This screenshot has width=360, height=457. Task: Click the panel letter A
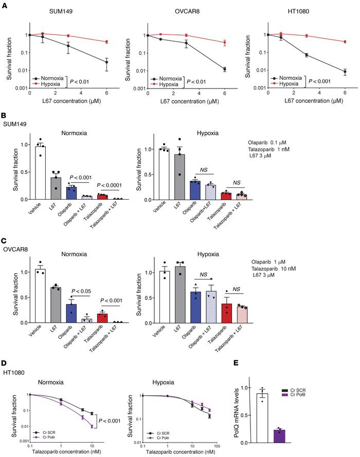click(x=5, y=4)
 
